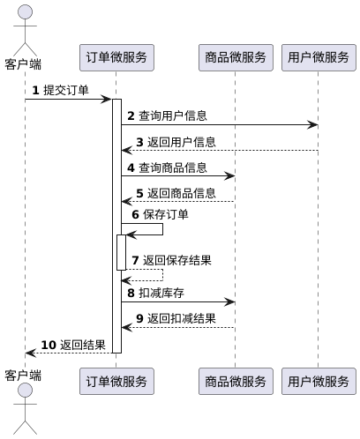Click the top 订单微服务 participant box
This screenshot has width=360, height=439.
pos(116,57)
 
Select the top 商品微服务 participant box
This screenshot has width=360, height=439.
pos(235,57)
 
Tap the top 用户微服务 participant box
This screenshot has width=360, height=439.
pos(318,57)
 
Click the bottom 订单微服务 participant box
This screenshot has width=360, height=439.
pos(116,382)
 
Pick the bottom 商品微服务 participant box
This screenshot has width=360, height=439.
pos(235,382)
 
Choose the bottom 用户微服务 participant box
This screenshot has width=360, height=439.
pos(318,382)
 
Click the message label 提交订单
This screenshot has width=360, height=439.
pos(65,91)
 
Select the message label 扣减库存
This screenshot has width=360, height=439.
pos(161,293)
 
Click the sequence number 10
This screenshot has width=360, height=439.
pos(49,344)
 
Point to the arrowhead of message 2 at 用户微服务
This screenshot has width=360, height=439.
pos(313,125)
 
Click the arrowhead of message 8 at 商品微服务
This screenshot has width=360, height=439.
pos(230,301)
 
